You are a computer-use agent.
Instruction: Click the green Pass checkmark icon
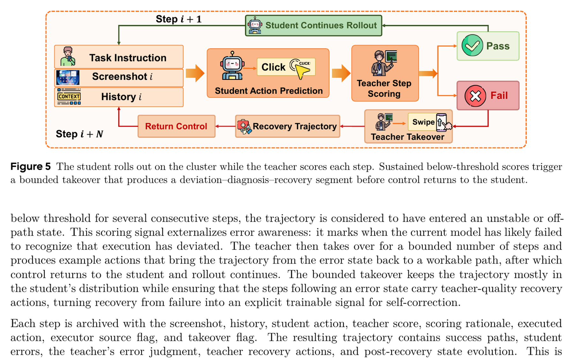(x=472, y=46)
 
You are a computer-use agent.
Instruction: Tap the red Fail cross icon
(x=475, y=96)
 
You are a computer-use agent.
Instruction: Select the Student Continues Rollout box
(x=313, y=26)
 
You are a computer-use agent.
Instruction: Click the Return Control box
(x=176, y=126)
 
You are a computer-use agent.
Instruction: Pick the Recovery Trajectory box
(x=288, y=126)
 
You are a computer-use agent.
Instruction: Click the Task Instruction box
(x=119, y=57)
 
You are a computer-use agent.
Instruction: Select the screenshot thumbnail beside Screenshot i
(x=68, y=78)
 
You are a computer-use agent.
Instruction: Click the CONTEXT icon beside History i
(x=69, y=97)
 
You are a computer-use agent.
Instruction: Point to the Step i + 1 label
(x=179, y=19)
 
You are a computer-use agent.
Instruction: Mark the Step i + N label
(x=79, y=134)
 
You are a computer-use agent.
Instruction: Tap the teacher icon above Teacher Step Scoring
(x=384, y=63)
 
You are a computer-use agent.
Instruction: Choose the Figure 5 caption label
(x=31, y=167)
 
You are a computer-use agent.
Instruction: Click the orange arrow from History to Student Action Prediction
(x=195, y=73)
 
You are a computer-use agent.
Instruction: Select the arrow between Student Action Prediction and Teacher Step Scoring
(x=341, y=73)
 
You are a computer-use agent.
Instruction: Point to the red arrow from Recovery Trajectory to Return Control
(x=225, y=126)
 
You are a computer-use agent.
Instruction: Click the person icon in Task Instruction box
(x=68, y=56)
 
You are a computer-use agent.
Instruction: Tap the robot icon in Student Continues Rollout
(x=255, y=25)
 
